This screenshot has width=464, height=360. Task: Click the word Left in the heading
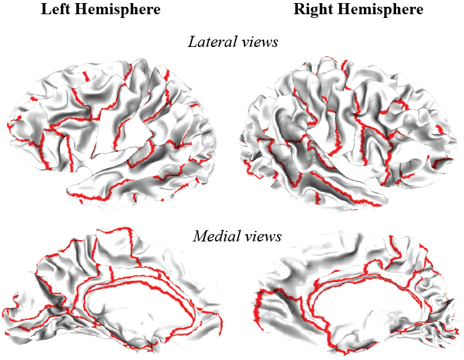56,9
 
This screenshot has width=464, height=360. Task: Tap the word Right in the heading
312,9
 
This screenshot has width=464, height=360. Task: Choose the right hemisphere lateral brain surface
346,130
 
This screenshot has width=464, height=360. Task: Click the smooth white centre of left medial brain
139,315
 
